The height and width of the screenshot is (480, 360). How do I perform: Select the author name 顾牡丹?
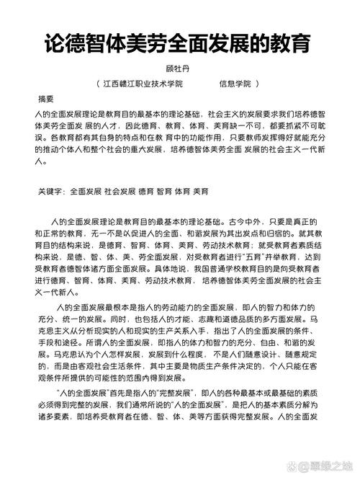(x=179, y=69)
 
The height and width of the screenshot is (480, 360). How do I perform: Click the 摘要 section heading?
(x=46, y=99)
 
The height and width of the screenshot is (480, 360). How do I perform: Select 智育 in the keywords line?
(x=164, y=192)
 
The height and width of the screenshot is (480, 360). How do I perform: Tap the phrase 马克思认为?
(x=152, y=355)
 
